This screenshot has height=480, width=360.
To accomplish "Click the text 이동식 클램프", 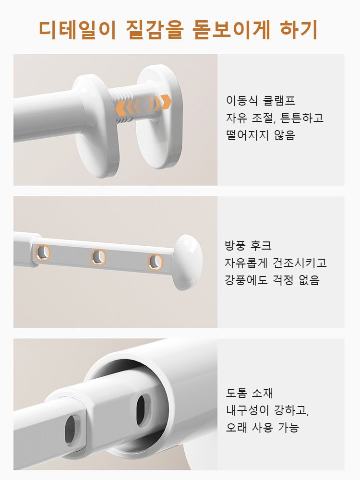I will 260,101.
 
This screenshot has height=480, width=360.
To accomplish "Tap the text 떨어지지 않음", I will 260,135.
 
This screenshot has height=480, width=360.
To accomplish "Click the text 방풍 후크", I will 248,246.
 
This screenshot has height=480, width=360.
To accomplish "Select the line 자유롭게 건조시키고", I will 276,263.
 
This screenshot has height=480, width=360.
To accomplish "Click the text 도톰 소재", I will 250,393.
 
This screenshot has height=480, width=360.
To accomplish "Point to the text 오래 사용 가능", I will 262,427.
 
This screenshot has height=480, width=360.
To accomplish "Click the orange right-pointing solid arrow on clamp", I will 166,102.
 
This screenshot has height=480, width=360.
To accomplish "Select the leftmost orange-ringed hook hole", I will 42,252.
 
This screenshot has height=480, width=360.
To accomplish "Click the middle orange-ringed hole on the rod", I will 98,257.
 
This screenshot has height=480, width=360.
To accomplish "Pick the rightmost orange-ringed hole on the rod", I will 155,262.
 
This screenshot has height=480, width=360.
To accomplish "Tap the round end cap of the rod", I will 187,262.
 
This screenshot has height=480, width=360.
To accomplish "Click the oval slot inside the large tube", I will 143,410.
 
